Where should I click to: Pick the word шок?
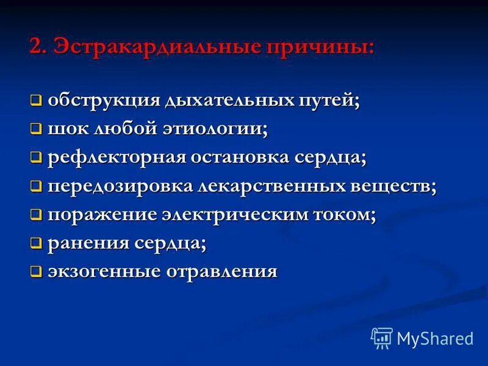(67, 129)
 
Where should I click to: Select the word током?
(350, 214)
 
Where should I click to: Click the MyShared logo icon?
(381, 337)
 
